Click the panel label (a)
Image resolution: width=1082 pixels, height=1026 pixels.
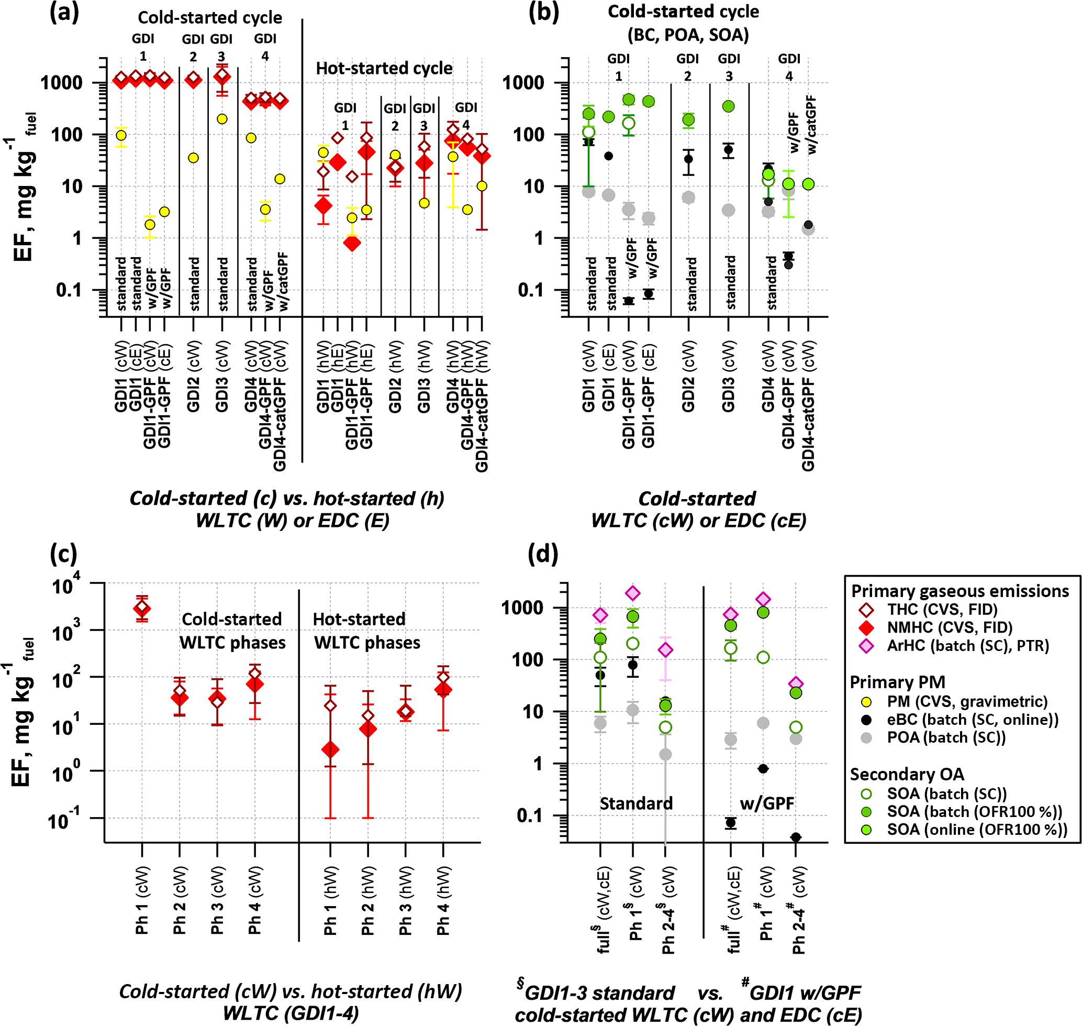[x=64, y=12]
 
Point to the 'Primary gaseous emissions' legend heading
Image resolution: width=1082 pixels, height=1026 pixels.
[x=960, y=591]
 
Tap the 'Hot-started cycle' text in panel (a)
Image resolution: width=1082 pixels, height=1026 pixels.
[x=384, y=69]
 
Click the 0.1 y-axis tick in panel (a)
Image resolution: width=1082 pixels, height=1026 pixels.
[x=70, y=290]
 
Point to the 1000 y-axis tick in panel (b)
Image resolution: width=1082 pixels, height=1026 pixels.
[x=523, y=83]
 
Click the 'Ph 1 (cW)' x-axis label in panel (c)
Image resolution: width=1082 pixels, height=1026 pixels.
[x=142, y=900]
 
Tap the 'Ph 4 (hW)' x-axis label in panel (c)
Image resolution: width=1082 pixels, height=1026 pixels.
[x=443, y=900]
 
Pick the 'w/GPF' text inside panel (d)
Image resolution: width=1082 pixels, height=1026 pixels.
[x=766, y=803]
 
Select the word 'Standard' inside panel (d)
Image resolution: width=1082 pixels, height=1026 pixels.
[x=636, y=803]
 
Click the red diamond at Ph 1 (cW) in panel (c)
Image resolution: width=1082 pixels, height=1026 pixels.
[x=142, y=608]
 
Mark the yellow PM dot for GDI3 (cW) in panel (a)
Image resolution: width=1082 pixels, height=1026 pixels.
[x=222, y=119]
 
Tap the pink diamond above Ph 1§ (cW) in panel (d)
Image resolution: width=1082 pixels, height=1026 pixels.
[x=632, y=593]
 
